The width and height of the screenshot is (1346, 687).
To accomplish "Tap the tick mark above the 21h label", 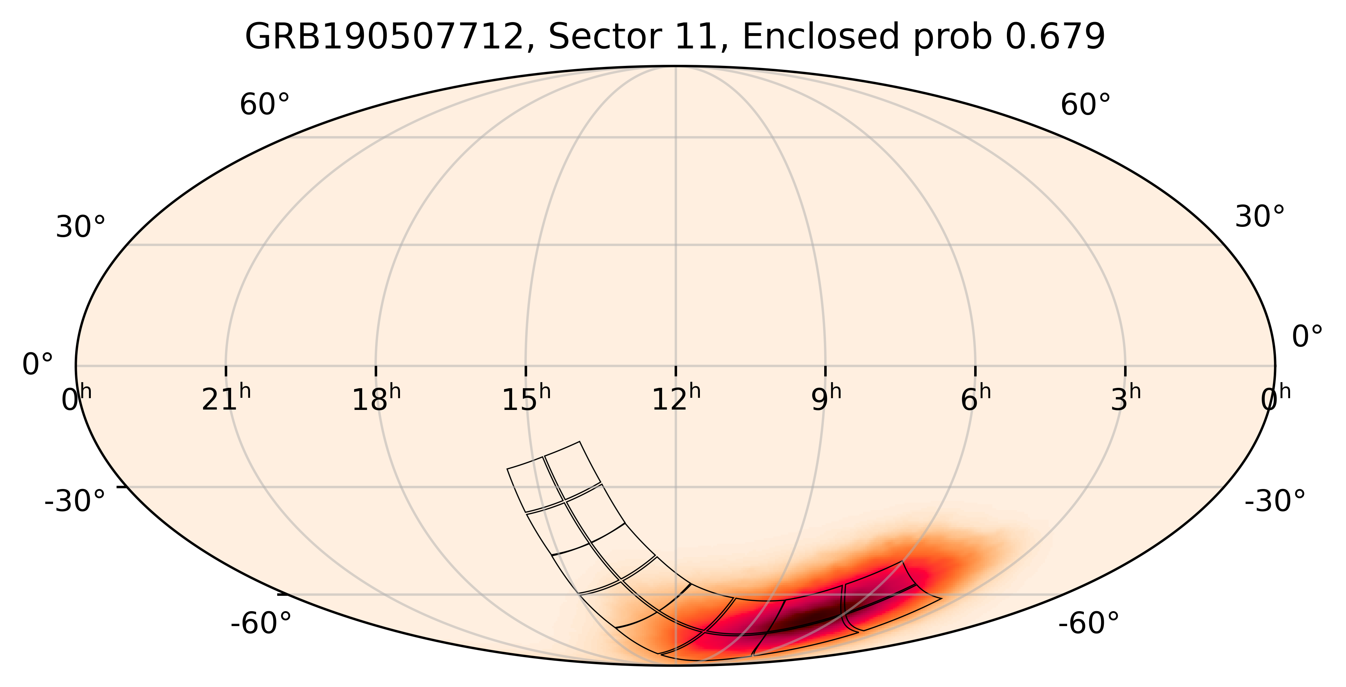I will (x=226, y=370).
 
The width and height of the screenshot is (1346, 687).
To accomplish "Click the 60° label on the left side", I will (x=264, y=105).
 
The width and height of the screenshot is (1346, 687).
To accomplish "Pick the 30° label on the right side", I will (x=1259, y=217).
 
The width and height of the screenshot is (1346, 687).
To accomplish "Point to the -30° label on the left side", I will (x=75, y=501).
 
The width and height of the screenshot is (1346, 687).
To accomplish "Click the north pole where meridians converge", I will (x=676, y=67).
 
